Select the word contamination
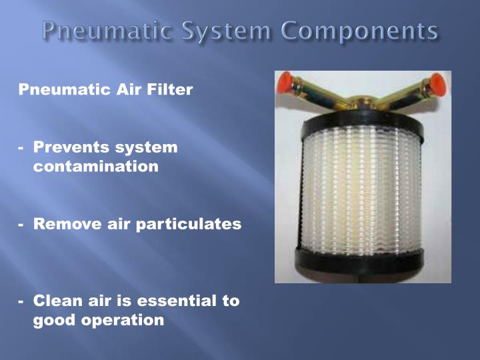point(96,167)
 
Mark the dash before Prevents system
point(22,147)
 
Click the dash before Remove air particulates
point(22,225)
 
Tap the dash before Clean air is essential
point(22,301)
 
